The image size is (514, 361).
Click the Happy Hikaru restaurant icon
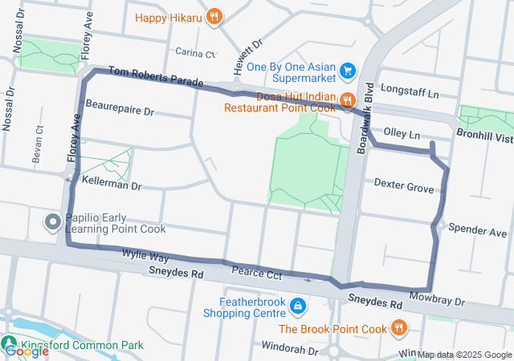pyautogui.click(x=214, y=16)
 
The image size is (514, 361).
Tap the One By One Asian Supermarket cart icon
pyautogui.click(x=348, y=71)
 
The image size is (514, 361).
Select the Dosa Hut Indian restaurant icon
pyautogui.click(x=348, y=100)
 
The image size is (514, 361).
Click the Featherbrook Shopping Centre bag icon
pyautogui.click(x=298, y=306)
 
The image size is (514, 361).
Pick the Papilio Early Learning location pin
pyautogui.click(x=53, y=221)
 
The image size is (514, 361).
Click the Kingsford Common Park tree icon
pyautogui.click(x=10, y=345)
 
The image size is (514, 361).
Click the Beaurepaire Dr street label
pyautogui.click(x=119, y=106)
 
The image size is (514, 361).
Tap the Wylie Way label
pyautogui.click(x=145, y=257)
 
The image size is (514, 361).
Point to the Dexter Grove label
pyautogui.click(x=404, y=189)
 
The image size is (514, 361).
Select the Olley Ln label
pyautogui.click(x=402, y=135)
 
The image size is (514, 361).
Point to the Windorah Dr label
pyautogui.click(x=290, y=350)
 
